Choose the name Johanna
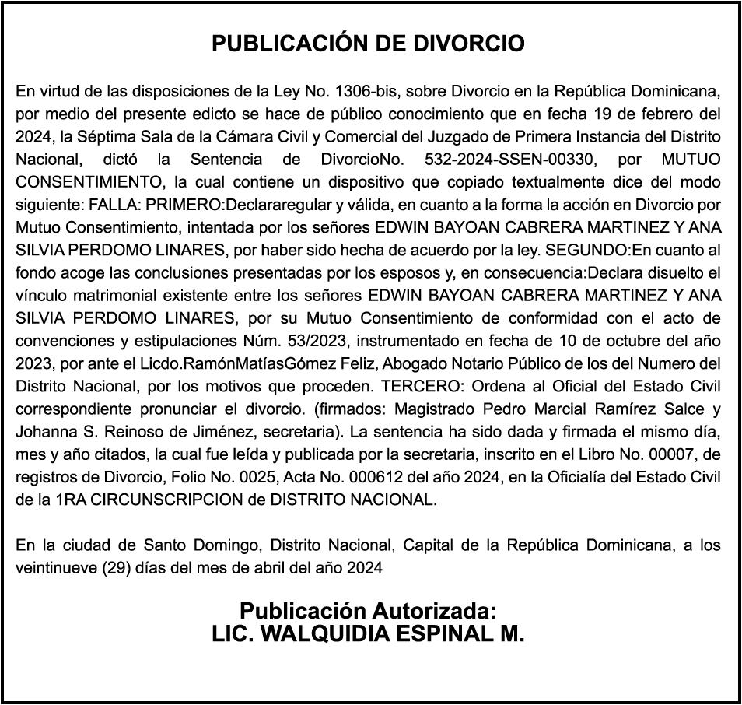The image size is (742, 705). tap(45, 432)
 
